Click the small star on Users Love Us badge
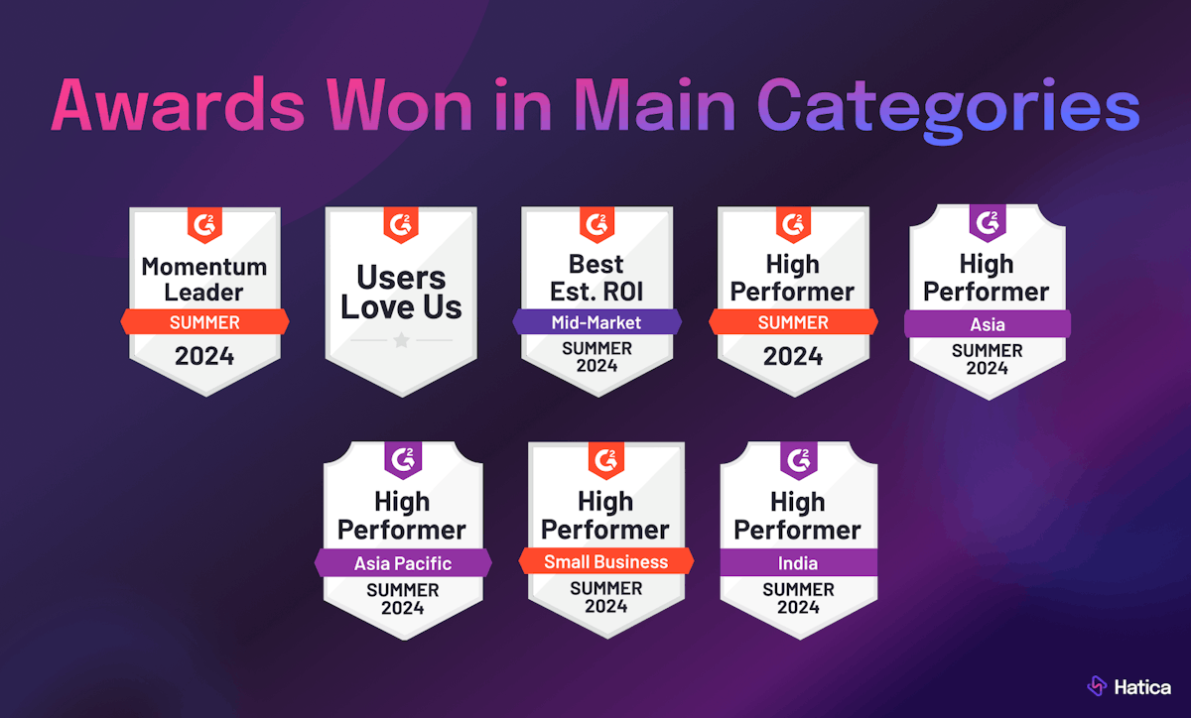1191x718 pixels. pos(401,340)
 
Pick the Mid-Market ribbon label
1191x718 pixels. pos(596,321)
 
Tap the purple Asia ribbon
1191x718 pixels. pos(988,324)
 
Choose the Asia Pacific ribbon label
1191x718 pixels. pos(403,563)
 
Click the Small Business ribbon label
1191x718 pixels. pos(605,561)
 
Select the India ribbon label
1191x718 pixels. pos(798,563)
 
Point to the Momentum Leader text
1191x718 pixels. pos(204,279)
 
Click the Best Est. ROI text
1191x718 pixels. pos(596,278)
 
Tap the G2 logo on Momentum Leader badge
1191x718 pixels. pos(204,225)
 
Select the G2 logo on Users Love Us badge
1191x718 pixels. pos(401,225)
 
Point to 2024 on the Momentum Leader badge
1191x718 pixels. pos(204,356)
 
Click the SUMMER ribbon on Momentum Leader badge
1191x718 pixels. pos(204,321)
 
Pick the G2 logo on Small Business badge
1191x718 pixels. pos(605,458)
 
